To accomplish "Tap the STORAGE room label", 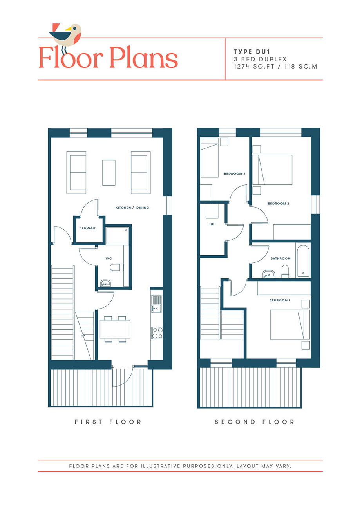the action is (x=88, y=228).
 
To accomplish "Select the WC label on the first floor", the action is (x=109, y=258).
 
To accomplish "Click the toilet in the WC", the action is (x=117, y=267).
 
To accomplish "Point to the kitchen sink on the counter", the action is (x=157, y=304).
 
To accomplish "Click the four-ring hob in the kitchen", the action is (x=157, y=333).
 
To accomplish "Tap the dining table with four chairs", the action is (x=115, y=329).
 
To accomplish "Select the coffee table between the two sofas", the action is (x=109, y=172).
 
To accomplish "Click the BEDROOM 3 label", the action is (x=235, y=173).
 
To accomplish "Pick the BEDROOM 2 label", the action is (x=279, y=204).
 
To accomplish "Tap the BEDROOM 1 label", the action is (x=280, y=300).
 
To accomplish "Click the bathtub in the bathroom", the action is (x=303, y=261).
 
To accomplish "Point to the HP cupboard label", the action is (x=212, y=224).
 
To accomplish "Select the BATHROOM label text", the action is (x=280, y=258).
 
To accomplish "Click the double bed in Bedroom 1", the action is (x=290, y=325).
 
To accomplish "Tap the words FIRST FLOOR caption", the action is (x=108, y=422).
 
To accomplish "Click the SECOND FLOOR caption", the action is (x=255, y=422).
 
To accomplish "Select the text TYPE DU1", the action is (x=251, y=52).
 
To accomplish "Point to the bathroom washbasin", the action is (x=268, y=274).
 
